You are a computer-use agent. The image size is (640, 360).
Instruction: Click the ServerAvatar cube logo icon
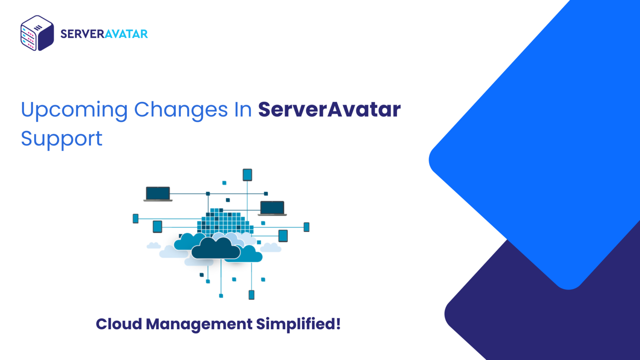[37, 33]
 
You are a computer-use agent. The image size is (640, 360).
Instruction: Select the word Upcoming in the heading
[74, 110]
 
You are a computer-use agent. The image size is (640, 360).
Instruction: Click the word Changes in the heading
[181, 110]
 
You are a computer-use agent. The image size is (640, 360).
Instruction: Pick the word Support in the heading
[62, 139]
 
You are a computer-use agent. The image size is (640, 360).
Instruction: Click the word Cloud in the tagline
[119, 324]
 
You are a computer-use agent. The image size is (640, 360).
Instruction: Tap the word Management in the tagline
[199, 324]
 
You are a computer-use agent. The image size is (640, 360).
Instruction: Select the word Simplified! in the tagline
[298, 324]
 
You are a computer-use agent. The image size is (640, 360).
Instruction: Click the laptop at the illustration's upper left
[158, 194]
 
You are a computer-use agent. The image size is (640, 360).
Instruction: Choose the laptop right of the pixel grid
[272, 208]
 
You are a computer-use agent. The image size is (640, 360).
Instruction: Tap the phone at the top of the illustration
[247, 175]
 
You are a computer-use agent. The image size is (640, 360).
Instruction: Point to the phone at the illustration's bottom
[251, 295]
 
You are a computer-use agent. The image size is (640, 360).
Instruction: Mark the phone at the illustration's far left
[135, 218]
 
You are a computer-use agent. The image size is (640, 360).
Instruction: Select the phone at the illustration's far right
[306, 227]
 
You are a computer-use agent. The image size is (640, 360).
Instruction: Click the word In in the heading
[243, 110]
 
